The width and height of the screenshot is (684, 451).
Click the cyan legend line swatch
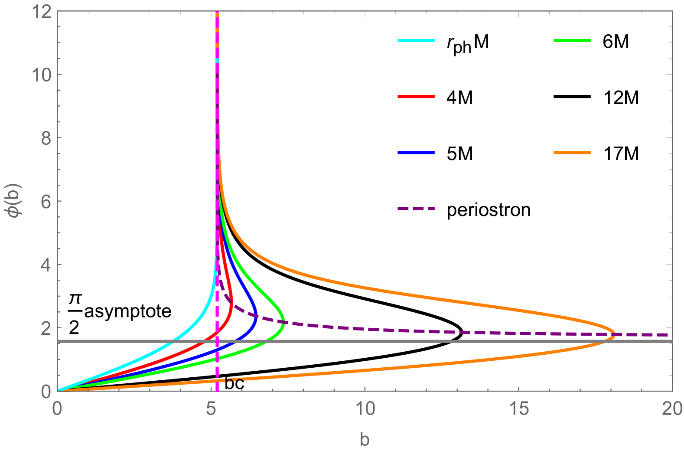[416, 40]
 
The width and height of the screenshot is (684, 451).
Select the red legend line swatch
[416, 97]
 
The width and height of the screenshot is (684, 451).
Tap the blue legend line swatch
[416, 153]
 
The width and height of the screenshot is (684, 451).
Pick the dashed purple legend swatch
[416, 209]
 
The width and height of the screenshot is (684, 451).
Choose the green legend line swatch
[572, 40]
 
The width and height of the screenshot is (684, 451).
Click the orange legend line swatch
[572, 153]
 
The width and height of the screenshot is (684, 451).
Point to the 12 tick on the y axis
[42, 12]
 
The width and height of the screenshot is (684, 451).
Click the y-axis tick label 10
[42, 75]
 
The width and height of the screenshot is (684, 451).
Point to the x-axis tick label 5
[211, 409]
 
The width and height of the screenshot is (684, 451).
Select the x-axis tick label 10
[365, 409]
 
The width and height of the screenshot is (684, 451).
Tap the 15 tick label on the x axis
[519, 409]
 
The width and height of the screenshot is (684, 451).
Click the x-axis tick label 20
[672, 409]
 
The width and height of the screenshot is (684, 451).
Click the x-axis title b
[365, 439]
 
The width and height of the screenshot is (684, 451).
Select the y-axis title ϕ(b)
[16, 201]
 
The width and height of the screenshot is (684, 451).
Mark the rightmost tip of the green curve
[284, 321]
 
